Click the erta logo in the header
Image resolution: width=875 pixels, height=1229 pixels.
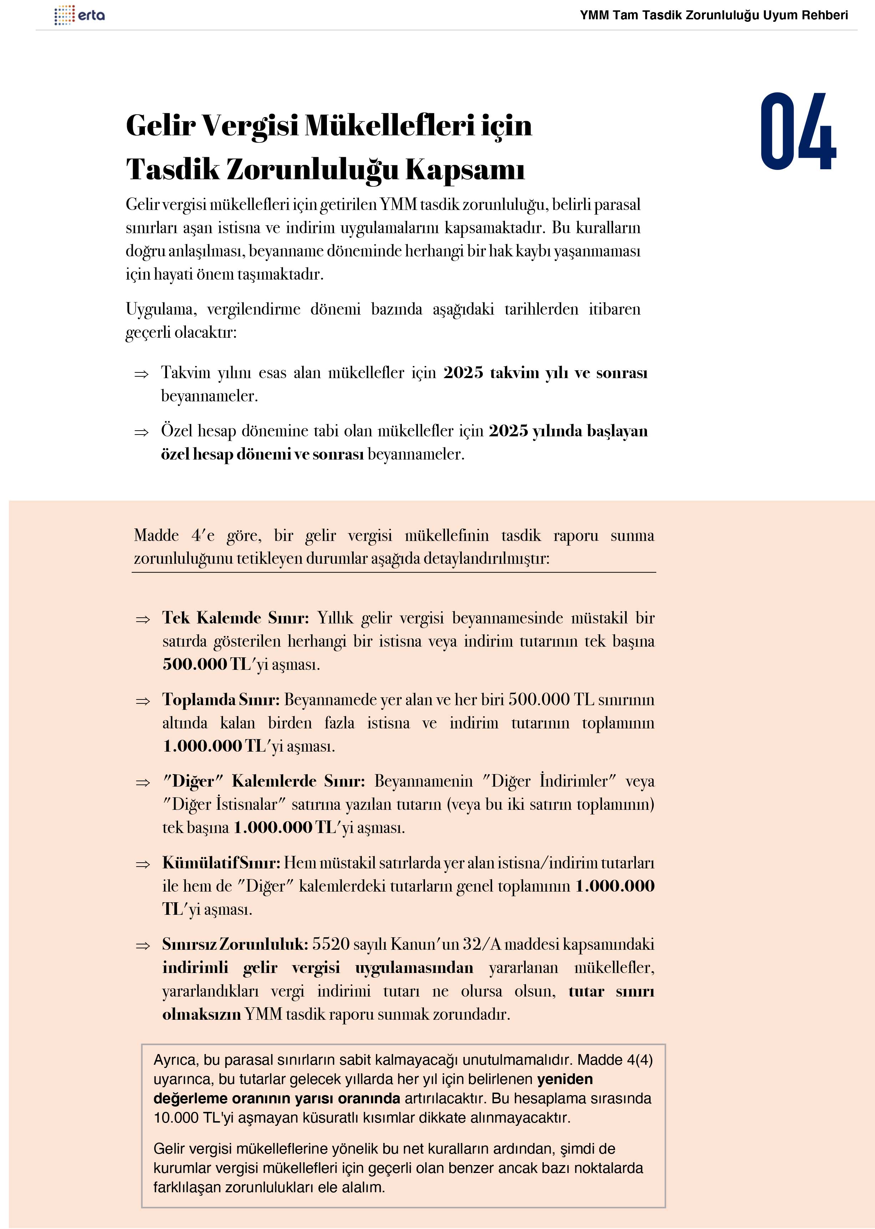pyautogui.click(x=80, y=15)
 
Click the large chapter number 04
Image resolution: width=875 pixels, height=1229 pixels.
pyautogui.click(x=798, y=131)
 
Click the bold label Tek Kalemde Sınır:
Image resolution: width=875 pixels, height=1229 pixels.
pyautogui.click(x=236, y=618)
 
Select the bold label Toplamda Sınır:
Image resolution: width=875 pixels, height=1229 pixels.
pyautogui.click(x=221, y=700)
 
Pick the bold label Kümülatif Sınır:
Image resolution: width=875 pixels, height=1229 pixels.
pyautogui.click(x=221, y=863)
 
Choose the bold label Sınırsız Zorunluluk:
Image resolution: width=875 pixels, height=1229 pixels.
pyautogui.click(x=235, y=944)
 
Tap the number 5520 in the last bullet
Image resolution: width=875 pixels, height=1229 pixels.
pyautogui.click(x=331, y=944)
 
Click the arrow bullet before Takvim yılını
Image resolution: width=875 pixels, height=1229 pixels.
pyautogui.click(x=141, y=374)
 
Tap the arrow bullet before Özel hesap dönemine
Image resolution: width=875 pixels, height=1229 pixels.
pyautogui.click(x=141, y=432)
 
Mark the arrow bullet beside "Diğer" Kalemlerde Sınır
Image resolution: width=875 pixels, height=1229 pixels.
pyautogui.click(x=143, y=783)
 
